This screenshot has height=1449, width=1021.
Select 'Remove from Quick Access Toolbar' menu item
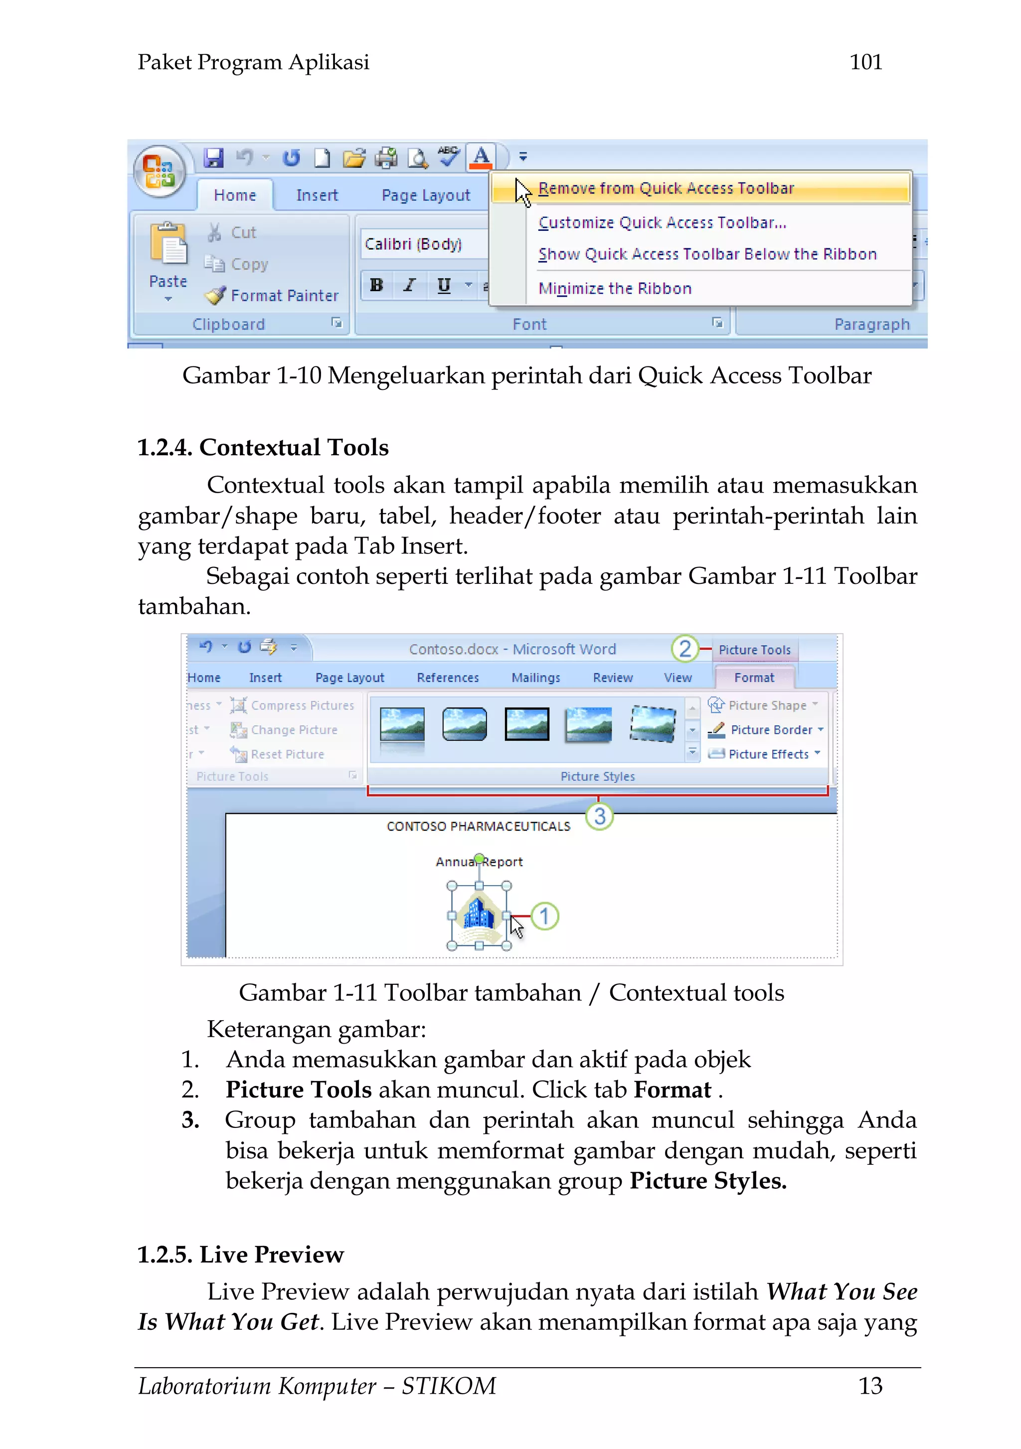[666, 188]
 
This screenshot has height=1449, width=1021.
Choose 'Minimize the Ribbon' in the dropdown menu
[615, 288]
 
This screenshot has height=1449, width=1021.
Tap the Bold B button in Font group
[377, 285]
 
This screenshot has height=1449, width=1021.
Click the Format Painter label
[284, 295]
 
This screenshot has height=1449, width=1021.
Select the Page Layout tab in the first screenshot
[425, 195]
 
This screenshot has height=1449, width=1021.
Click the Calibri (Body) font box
[420, 244]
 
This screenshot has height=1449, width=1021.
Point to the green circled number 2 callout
[684, 648]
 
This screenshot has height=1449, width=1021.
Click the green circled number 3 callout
[599, 816]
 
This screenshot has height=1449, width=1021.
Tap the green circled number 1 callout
[544, 916]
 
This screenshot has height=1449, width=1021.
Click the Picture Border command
[771, 730]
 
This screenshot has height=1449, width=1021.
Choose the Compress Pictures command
[302, 706]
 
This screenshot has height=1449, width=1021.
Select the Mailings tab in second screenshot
[536, 678]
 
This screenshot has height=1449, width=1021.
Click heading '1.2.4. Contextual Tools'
[263, 447]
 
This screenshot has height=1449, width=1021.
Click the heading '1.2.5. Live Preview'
[240, 1255]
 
